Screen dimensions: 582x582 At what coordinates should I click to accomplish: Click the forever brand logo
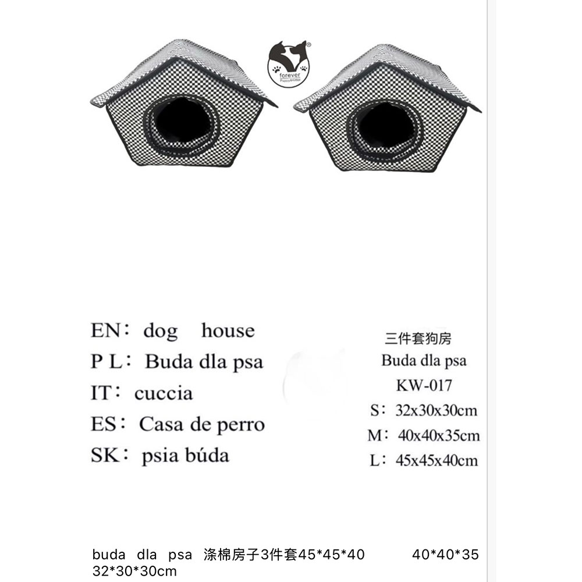[289, 64]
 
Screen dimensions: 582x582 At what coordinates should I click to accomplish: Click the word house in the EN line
[228, 330]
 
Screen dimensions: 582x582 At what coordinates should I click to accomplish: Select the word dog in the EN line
[161, 331]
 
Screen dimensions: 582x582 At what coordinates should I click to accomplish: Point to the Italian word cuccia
[164, 393]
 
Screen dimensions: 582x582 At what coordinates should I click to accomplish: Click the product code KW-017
[424, 385]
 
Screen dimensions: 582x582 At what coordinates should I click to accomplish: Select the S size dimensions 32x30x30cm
[436, 410]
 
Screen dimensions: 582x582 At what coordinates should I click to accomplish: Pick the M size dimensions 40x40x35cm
[439, 435]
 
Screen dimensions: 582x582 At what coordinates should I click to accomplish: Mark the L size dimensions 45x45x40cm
[437, 460]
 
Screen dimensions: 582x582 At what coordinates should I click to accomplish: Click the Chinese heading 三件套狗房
[418, 338]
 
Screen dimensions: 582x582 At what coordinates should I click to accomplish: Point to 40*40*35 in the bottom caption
[445, 555]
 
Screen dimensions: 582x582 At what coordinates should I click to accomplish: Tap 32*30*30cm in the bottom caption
[134, 571]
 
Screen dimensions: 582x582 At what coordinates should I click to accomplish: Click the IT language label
[101, 393]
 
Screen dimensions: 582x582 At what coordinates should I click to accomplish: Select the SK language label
[105, 455]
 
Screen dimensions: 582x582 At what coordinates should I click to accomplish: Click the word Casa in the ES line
[161, 424]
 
